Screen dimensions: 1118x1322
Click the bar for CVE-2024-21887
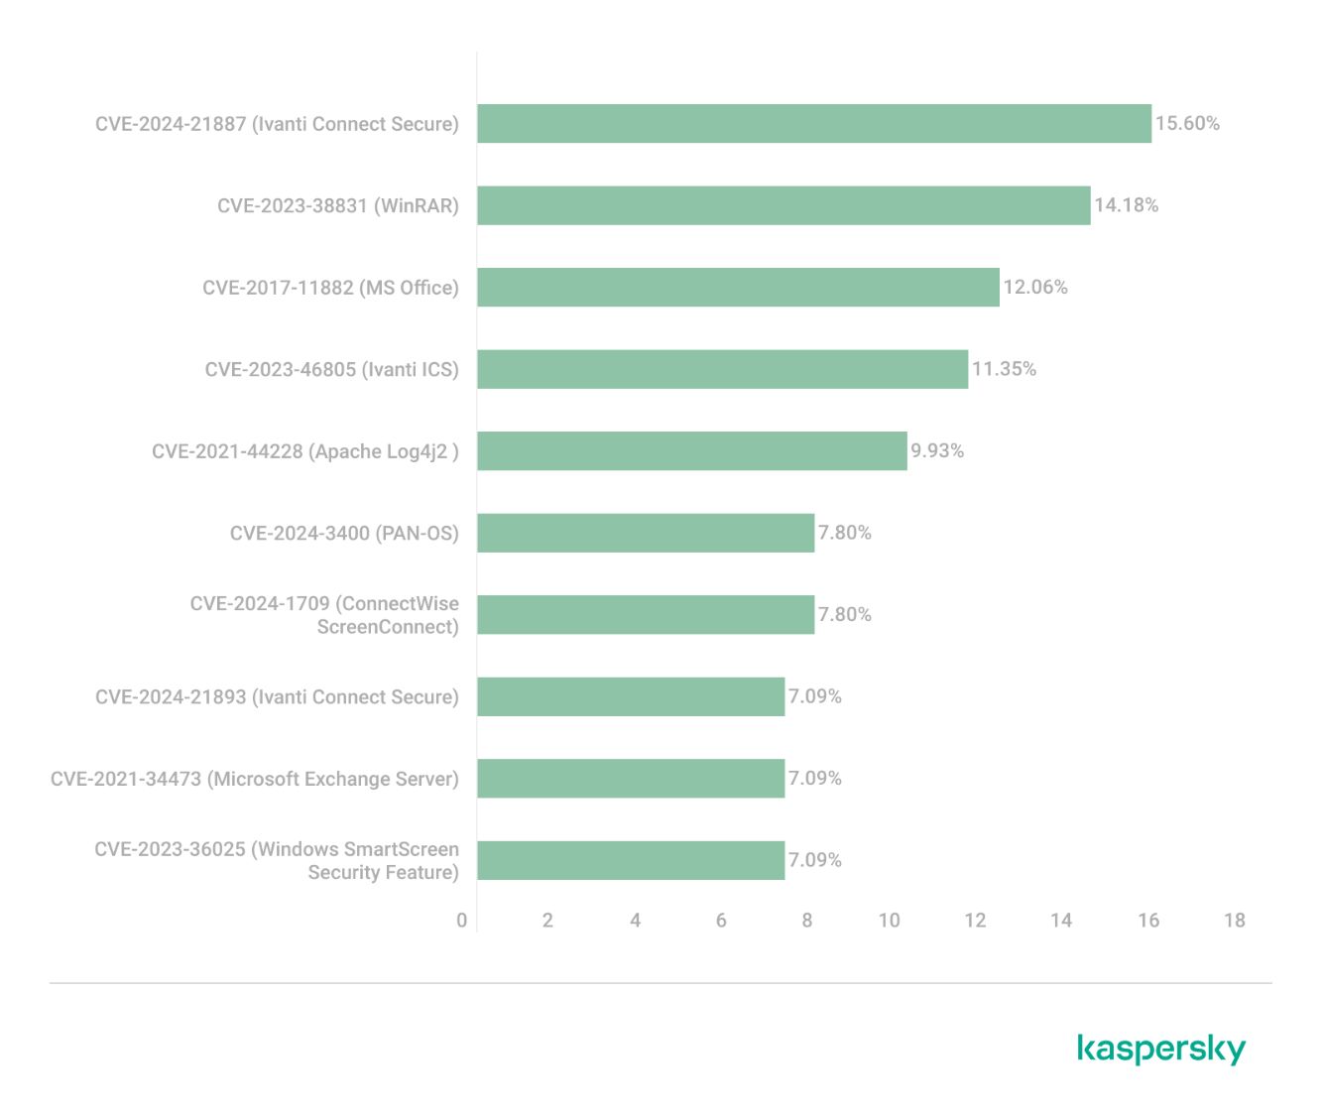[813, 124]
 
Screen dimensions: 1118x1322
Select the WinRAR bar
[783, 205]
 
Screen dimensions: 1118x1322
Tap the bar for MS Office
[738, 288]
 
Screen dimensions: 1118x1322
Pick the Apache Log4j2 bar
[691, 451]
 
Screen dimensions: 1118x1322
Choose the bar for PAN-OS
[646, 533]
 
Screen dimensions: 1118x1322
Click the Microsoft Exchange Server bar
[631, 779]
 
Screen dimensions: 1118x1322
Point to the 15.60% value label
[1187, 124]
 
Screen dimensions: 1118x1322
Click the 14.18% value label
[1126, 205]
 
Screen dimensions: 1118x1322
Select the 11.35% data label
[1004, 369]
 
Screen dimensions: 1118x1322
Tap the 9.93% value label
[937, 451]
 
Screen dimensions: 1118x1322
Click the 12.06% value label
[1035, 288]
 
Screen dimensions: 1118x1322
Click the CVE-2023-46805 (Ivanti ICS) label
[332, 369]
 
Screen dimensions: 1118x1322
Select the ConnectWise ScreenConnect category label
[324, 615]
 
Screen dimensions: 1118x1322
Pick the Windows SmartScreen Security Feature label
[277, 861]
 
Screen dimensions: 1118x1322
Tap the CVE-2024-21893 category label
[277, 697]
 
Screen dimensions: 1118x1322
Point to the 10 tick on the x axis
[890, 921]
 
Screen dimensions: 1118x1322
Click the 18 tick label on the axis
[1234, 921]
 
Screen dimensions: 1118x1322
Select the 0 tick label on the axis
[461, 921]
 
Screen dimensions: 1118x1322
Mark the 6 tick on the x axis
[721, 921]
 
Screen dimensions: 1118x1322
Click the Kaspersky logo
[1160, 1050]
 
